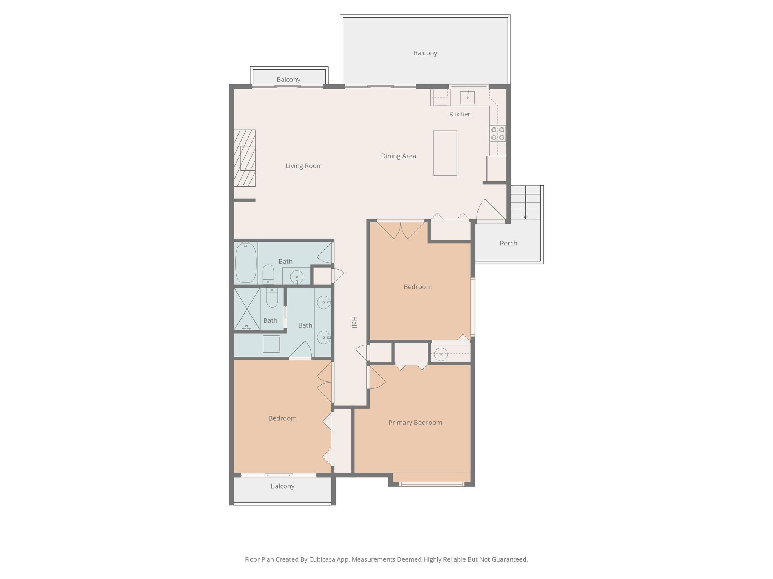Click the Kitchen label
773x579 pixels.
coord(460,114)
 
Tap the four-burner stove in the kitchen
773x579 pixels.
coord(498,134)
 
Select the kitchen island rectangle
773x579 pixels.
coord(445,153)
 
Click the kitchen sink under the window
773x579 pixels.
coord(467,97)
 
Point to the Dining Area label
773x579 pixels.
coord(398,156)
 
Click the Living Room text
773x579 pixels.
coord(304,166)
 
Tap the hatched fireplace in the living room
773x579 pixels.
coord(245,158)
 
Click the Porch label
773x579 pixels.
coord(508,243)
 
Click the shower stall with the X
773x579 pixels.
coord(247,309)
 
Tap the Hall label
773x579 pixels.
coord(354,322)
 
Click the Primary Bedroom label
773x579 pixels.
coord(415,423)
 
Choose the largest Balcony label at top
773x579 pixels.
coord(425,53)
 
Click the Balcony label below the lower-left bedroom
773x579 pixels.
coord(282,486)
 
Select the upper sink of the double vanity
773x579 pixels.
coord(324,302)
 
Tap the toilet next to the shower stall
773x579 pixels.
coord(272,298)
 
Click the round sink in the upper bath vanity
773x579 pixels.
coord(297,277)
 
